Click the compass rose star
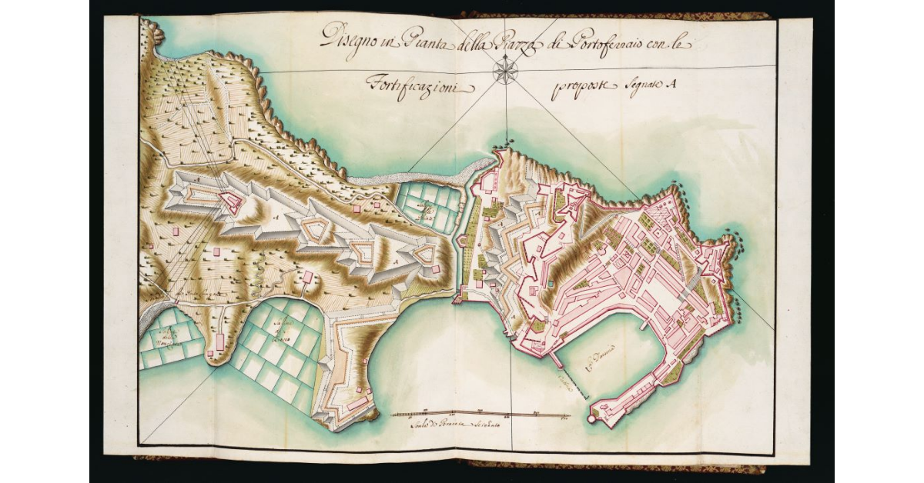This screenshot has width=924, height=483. tap(505, 73)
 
